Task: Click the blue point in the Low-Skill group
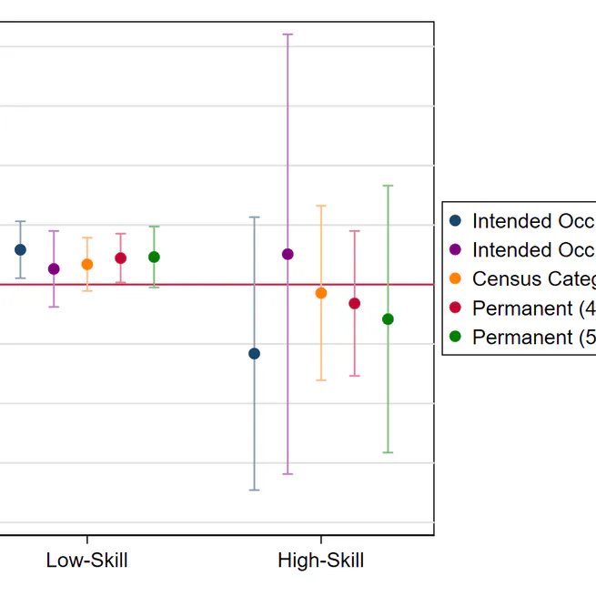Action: pyautogui.click(x=20, y=249)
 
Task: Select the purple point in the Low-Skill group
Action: pyautogui.click(x=54, y=268)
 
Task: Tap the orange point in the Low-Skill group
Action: pyautogui.click(x=87, y=264)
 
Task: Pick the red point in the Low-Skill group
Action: pyautogui.click(x=120, y=258)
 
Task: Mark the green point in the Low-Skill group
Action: pyautogui.click(x=154, y=257)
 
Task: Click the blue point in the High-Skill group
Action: pyautogui.click(x=254, y=353)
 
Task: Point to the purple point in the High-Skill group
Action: pyautogui.click(x=288, y=254)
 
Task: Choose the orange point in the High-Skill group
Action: pyautogui.click(x=321, y=293)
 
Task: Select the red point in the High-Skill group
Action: pyautogui.click(x=355, y=303)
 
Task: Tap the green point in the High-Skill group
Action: pyautogui.click(x=388, y=318)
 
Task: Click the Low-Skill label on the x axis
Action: pyautogui.click(x=86, y=561)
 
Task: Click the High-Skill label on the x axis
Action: pyautogui.click(x=320, y=561)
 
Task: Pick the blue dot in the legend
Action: pyautogui.click(x=456, y=221)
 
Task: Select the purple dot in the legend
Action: pyautogui.click(x=456, y=250)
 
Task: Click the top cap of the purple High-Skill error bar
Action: pyautogui.click(x=288, y=34)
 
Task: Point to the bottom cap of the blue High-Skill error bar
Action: pyautogui.click(x=254, y=490)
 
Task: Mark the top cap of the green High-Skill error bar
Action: pyautogui.click(x=388, y=186)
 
